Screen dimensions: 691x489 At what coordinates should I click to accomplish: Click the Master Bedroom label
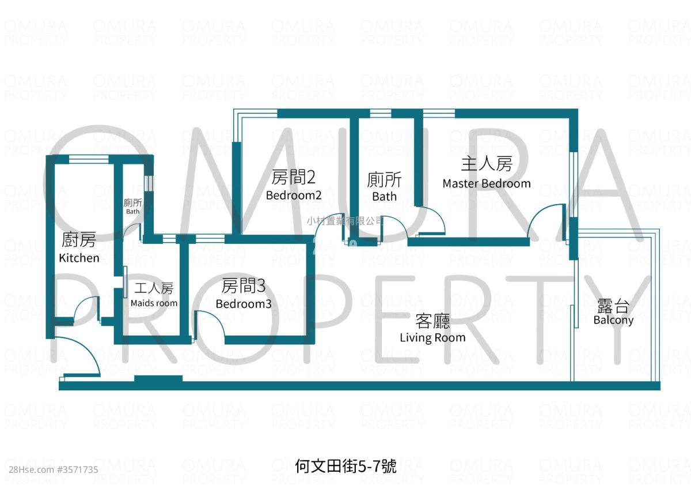487,183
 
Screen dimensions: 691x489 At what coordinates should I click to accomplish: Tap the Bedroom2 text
293,195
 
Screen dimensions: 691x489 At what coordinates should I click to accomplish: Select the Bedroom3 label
244,304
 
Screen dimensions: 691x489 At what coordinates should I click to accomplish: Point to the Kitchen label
79,258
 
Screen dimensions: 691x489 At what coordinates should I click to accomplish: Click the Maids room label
154,303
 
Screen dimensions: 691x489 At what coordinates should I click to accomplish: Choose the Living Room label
432,338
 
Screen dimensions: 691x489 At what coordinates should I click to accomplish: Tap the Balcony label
613,320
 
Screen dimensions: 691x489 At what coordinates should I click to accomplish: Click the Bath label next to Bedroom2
384,197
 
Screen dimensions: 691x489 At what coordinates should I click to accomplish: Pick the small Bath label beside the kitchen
132,212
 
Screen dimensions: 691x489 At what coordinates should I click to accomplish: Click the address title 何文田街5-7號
345,466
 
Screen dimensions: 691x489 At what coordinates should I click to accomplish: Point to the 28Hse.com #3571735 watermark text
54,470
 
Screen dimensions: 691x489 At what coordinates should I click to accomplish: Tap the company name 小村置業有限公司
345,221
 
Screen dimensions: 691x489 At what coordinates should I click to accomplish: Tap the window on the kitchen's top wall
89,159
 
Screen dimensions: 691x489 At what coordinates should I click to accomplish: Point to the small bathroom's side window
149,183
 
